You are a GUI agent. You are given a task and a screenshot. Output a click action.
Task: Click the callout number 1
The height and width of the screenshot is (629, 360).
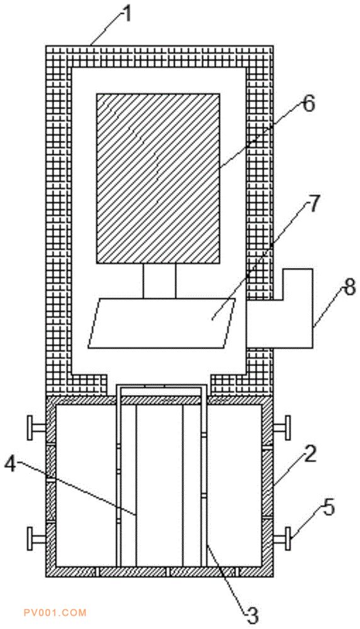click(x=127, y=15)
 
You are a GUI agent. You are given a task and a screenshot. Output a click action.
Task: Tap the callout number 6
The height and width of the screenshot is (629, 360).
click(x=308, y=104)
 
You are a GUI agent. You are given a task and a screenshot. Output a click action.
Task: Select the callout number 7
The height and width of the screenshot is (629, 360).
click(x=314, y=203)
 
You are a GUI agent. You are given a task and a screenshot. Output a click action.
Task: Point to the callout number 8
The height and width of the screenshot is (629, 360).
click(x=350, y=287)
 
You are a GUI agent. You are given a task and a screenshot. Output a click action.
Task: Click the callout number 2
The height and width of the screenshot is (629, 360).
click(x=310, y=454)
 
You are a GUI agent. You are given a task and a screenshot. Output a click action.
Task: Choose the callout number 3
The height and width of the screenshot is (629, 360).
click(x=252, y=614)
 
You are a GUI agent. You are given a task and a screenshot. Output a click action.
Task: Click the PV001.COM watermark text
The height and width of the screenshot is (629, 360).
click(x=55, y=613)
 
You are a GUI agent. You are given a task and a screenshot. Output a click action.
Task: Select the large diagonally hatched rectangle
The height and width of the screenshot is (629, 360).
click(x=158, y=179)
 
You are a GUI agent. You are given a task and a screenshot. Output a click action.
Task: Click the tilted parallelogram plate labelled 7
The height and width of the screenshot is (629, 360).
click(x=162, y=323)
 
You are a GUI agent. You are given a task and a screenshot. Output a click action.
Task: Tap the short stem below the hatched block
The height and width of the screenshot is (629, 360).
click(x=159, y=281)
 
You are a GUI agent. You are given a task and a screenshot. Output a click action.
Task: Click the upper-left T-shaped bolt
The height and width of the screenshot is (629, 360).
click(x=35, y=428)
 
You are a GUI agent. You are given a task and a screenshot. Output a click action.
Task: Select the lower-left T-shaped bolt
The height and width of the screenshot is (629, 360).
click(x=35, y=538)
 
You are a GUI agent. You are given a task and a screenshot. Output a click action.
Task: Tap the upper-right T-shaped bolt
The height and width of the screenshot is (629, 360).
click(x=283, y=428)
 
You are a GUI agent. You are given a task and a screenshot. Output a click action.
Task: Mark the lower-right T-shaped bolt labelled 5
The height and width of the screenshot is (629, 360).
click(x=283, y=538)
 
